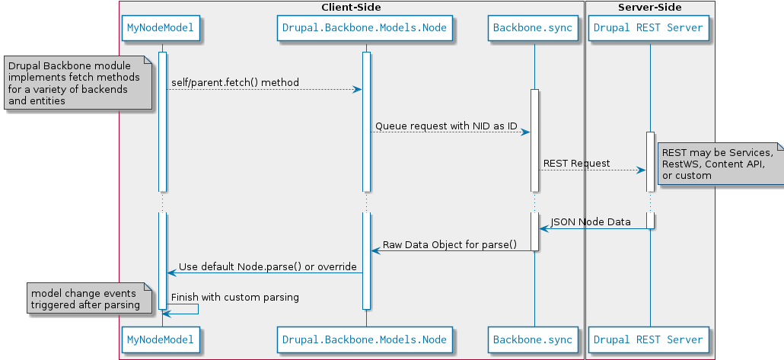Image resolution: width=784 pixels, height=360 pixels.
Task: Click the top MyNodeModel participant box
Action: (161, 28)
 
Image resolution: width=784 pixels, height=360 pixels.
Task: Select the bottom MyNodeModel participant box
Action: (161, 340)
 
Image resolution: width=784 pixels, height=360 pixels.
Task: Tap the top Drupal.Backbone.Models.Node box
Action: (365, 28)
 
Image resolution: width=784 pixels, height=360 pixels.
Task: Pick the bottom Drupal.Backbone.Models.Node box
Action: (365, 340)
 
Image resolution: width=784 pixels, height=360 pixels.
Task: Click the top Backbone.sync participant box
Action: (533, 28)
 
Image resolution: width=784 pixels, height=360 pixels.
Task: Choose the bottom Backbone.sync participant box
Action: (533, 340)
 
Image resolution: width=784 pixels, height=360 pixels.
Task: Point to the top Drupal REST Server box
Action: (649, 28)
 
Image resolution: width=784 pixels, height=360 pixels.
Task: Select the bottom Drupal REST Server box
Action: (649, 340)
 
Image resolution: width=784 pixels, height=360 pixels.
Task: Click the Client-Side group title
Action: (351, 8)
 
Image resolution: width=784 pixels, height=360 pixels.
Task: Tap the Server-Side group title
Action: (649, 8)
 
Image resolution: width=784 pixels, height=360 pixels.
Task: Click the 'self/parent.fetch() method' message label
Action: (235, 82)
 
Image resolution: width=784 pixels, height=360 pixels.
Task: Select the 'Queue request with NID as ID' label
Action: (446, 126)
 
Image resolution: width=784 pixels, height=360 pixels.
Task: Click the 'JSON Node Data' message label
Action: (591, 222)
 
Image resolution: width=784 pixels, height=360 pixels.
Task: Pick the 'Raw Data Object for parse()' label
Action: (450, 245)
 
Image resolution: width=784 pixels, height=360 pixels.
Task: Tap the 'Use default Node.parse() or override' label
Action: (267, 267)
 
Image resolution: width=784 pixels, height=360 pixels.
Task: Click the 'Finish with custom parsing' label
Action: (235, 298)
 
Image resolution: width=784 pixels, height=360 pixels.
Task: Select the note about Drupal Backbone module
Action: (78, 83)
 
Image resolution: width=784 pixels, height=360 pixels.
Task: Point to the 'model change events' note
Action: (89, 298)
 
